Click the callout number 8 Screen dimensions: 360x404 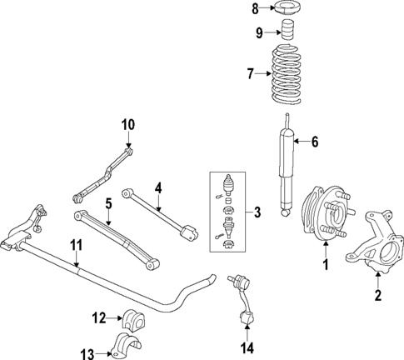click(257, 9)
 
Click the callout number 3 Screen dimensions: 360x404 click(257, 213)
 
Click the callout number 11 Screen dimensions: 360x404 click(76, 246)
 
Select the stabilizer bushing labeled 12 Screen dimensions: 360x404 click(134, 317)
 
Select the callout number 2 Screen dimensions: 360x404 click(378, 296)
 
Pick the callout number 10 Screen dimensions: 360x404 click(127, 125)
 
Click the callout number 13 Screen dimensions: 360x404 click(97, 353)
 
